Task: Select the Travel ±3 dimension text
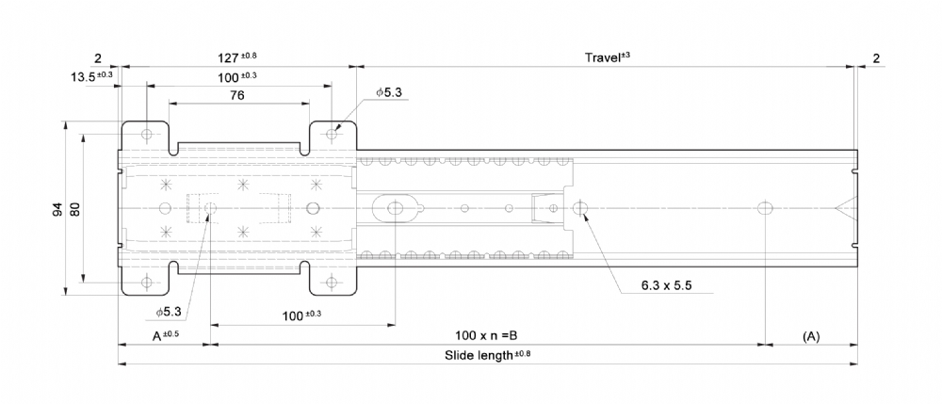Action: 607,57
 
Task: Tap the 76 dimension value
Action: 238,95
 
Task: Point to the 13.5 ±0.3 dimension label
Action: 92,77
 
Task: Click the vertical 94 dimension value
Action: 57,209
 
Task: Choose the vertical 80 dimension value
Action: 76,209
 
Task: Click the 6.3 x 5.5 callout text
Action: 666,285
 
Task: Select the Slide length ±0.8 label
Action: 488,354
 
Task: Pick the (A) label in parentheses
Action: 811,336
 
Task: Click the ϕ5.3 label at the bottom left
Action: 169,312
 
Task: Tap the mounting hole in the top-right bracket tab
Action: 332,134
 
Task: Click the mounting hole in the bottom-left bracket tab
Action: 146,283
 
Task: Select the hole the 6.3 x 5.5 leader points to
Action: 579,208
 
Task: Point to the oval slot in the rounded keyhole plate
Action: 396,208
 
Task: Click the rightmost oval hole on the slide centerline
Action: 765,208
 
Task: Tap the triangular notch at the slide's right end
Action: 845,208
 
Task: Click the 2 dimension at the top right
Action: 876,58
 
